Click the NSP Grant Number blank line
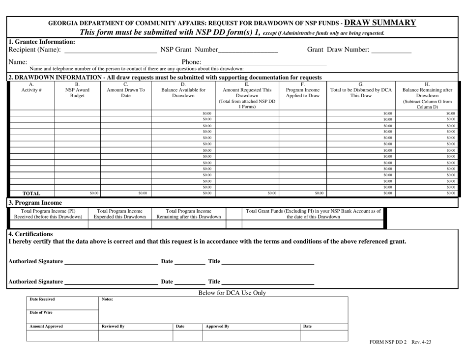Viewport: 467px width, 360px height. pos(248,50)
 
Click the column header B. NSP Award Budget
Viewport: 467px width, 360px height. pos(77,91)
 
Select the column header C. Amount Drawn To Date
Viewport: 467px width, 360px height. pos(126,91)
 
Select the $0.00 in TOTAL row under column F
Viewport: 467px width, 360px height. pos(319,193)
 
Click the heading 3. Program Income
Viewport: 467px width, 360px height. pos(35,203)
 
